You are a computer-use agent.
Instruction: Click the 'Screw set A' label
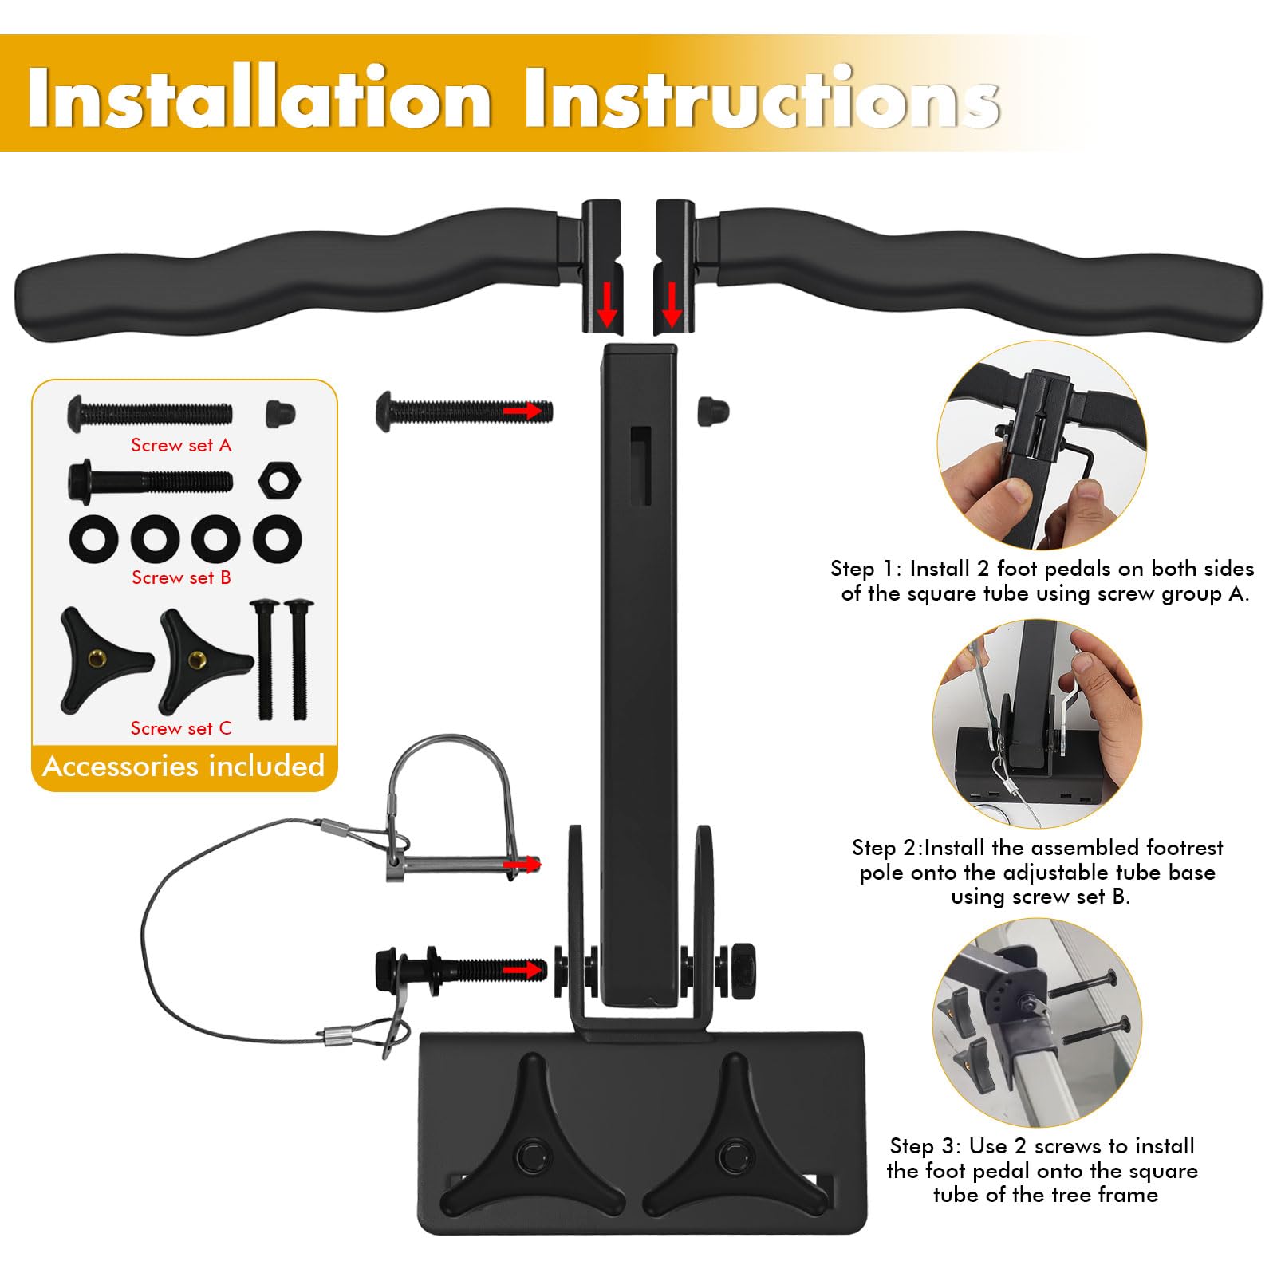[x=181, y=445]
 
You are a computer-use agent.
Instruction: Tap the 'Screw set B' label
[x=181, y=577]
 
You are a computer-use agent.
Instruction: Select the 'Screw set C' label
[x=181, y=728]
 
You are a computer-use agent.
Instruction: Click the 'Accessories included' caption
[x=183, y=766]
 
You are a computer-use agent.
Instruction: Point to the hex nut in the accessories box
[x=279, y=480]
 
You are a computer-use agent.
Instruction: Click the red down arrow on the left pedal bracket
[x=608, y=304]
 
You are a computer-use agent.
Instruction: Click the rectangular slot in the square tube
[x=640, y=466]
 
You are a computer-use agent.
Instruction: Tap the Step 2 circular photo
[x=1037, y=724]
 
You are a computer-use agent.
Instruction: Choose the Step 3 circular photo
[x=1037, y=1023]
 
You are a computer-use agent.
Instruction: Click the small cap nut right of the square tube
[x=712, y=410]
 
